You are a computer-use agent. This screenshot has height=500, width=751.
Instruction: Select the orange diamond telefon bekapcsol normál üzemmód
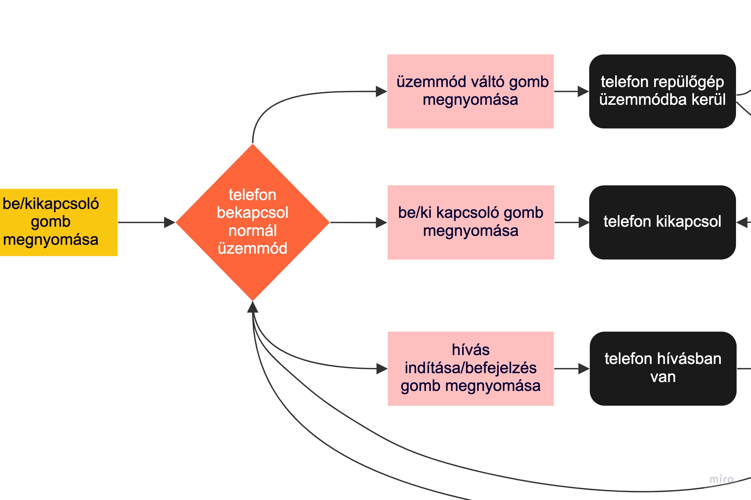252,222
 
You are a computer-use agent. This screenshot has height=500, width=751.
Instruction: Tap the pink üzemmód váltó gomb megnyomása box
470,91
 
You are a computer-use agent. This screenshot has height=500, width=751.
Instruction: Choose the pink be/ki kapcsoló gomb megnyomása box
470,222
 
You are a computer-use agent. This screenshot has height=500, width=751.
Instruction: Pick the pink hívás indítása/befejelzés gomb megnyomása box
470,368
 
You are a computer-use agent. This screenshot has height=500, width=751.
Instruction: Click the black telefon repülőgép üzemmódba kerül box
662,91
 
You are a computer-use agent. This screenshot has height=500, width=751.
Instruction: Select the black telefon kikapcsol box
662,222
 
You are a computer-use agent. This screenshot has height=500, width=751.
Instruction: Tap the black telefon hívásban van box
663,368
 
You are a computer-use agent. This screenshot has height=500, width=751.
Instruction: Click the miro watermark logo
721,479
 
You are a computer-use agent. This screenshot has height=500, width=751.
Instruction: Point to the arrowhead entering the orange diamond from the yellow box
170,222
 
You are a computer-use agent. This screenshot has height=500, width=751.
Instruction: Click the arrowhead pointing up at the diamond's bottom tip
252,307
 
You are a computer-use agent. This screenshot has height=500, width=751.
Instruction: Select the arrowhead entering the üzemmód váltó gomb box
381,91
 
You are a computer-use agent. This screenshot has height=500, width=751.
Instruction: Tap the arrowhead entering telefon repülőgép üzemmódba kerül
583,91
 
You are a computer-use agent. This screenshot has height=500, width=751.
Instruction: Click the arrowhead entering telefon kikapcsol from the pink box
584,222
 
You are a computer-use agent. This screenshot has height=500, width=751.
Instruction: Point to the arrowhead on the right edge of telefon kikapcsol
742,222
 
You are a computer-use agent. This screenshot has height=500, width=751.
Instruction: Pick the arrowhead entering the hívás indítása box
382,368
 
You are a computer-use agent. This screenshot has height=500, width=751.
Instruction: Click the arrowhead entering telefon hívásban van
584,368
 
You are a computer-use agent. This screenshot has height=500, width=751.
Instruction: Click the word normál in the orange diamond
252,231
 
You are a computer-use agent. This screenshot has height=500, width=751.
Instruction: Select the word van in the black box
663,377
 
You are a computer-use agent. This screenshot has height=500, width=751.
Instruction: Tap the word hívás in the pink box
470,350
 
